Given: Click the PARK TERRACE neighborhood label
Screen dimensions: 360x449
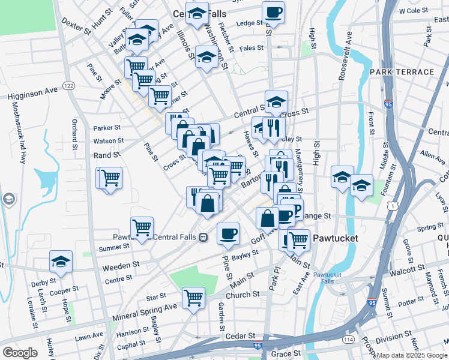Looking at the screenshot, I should [x=402, y=72].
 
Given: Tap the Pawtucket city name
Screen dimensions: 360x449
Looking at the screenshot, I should [x=334, y=238].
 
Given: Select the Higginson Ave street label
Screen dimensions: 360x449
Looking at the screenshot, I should [x=33, y=92].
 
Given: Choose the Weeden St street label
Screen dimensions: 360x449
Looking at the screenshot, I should [x=121, y=264].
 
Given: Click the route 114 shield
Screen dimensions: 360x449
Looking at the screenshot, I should [x=348, y=340].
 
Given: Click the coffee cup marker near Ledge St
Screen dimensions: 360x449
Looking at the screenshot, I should [x=273, y=12].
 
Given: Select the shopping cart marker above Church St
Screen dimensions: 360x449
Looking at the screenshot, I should [x=193, y=297].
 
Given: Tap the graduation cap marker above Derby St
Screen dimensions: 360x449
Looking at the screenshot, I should [x=61, y=262].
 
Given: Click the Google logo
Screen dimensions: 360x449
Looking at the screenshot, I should [x=20, y=353].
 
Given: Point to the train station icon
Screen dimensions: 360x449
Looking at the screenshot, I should [x=203, y=237].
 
